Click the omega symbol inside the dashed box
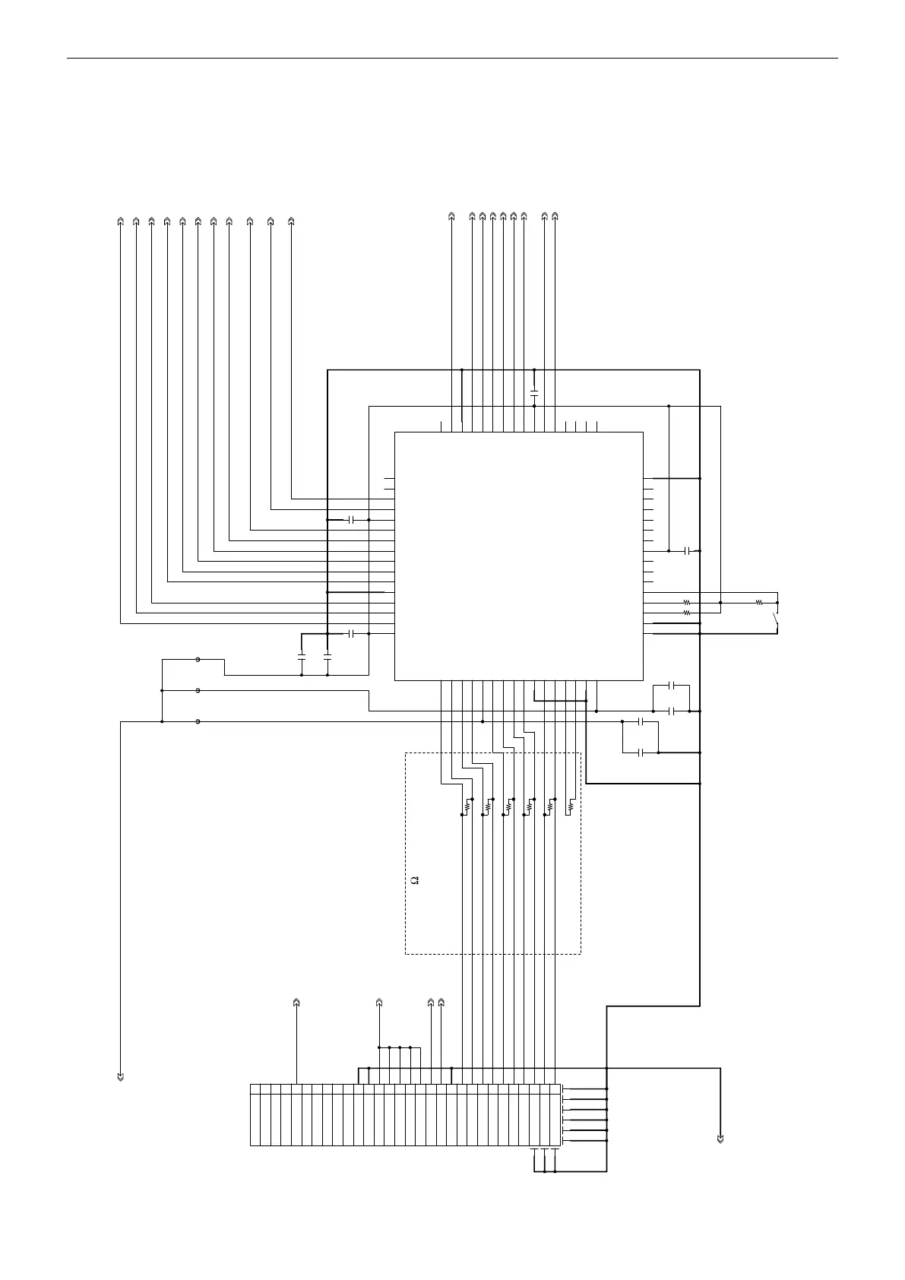coord(415,880)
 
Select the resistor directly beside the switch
coord(758,603)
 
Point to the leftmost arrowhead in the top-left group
coord(120,221)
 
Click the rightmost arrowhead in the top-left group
coord(292,221)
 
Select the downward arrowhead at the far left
coord(120,1076)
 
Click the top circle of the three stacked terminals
coord(198,660)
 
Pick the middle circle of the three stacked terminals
coord(198,691)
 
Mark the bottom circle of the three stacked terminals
coord(198,721)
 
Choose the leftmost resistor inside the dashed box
coord(467,806)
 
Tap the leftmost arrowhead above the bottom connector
coord(296,1003)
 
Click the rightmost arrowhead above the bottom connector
coord(441,1003)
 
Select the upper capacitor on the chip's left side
coord(350,520)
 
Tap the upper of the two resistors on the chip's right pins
coord(686,603)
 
